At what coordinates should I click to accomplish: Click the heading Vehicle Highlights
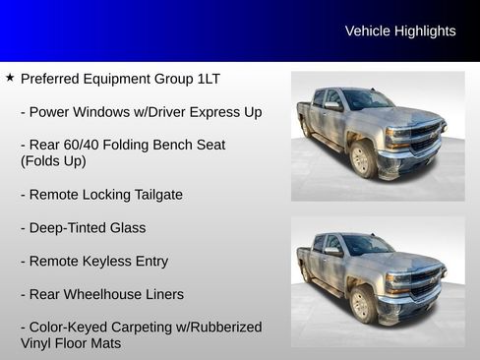pos(400,31)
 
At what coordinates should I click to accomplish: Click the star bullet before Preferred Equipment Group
pos(10,77)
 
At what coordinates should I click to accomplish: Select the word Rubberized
pos(226,328)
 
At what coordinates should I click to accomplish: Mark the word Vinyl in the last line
pos(39,343)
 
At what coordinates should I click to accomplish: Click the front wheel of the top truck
pos(362,160)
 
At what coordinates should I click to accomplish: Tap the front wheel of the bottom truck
pos(362,304)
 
